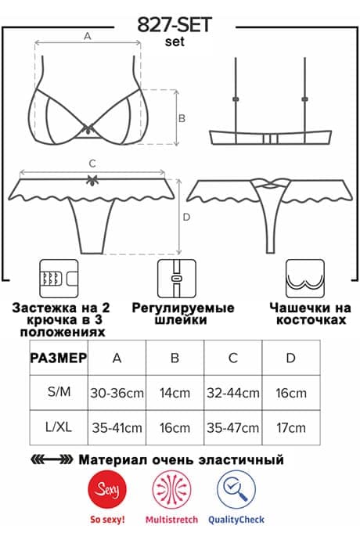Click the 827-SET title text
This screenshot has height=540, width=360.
coord(175,25)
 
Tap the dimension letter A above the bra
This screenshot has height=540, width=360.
coord(88,36)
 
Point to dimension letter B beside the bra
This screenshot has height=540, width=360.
coord(182,118)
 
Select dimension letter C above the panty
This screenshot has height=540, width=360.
coord(92,164)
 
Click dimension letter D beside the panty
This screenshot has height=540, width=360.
coord(186,217)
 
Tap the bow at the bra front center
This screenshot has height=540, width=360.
coord(89,129)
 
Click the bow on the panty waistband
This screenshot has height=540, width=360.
coord(92,179)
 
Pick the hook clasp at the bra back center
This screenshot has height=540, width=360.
coord(271,139)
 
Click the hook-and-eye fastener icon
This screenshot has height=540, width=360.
coord(59,279)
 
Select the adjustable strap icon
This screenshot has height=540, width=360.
coord(177,279)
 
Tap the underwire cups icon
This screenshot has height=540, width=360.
coord(305,279)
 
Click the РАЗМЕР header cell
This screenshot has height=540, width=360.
coord(59,358)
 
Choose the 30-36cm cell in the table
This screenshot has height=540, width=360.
coord(117,393)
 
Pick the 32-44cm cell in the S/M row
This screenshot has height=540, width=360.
coord(233,393)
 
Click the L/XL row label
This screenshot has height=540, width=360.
coord(59,427)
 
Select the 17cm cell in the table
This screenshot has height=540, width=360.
coord(291,427)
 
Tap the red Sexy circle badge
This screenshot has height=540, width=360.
coord(107,489)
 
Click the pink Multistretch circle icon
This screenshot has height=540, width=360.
coord(172,489)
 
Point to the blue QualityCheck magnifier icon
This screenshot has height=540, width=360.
coord(236,489)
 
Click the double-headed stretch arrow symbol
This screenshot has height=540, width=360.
coord(52,459)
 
